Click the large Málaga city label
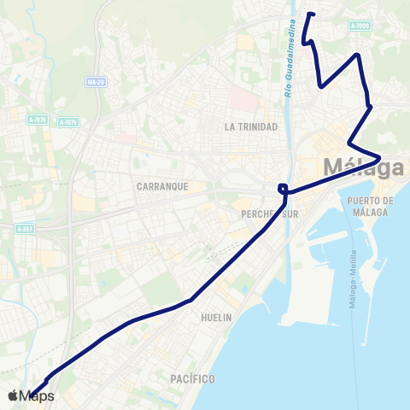click(364, 167)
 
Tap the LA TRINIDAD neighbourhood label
click(251, 126)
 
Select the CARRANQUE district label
click(161, 185)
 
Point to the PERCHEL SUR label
click(270, 214)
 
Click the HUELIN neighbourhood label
click(216, 317)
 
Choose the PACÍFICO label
click(191, 378)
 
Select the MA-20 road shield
click(96, 82)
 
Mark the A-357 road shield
click(26, 229)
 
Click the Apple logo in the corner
click(13, 395)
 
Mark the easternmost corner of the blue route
click(379, 155)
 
